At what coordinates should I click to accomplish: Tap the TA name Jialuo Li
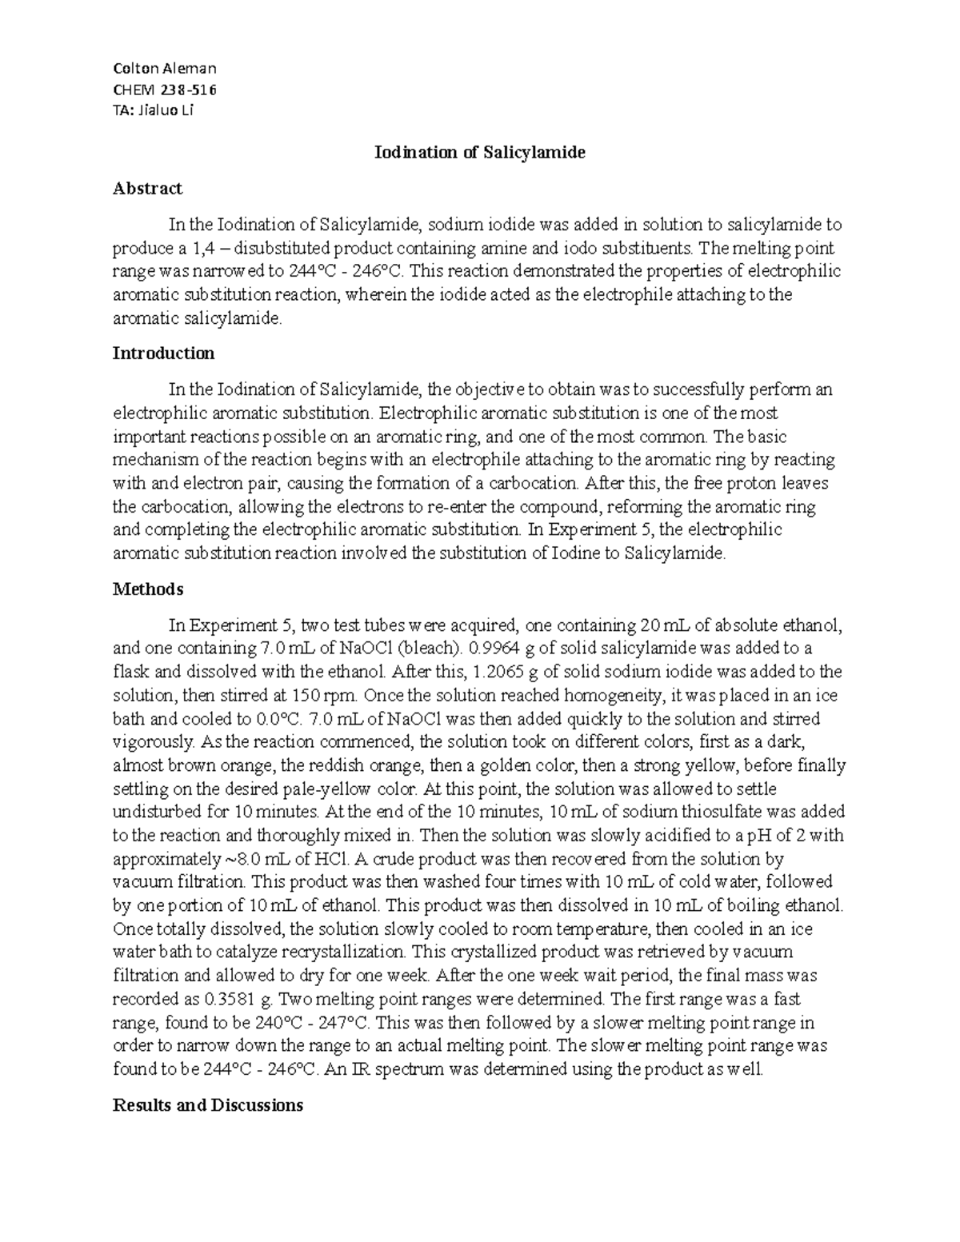click(154, 110)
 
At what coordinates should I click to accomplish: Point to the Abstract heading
click(147, 189)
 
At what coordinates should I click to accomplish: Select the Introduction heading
click(163, 353)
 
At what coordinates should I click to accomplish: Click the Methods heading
click(148, 589)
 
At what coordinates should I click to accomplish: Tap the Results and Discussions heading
click(208, 1105)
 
